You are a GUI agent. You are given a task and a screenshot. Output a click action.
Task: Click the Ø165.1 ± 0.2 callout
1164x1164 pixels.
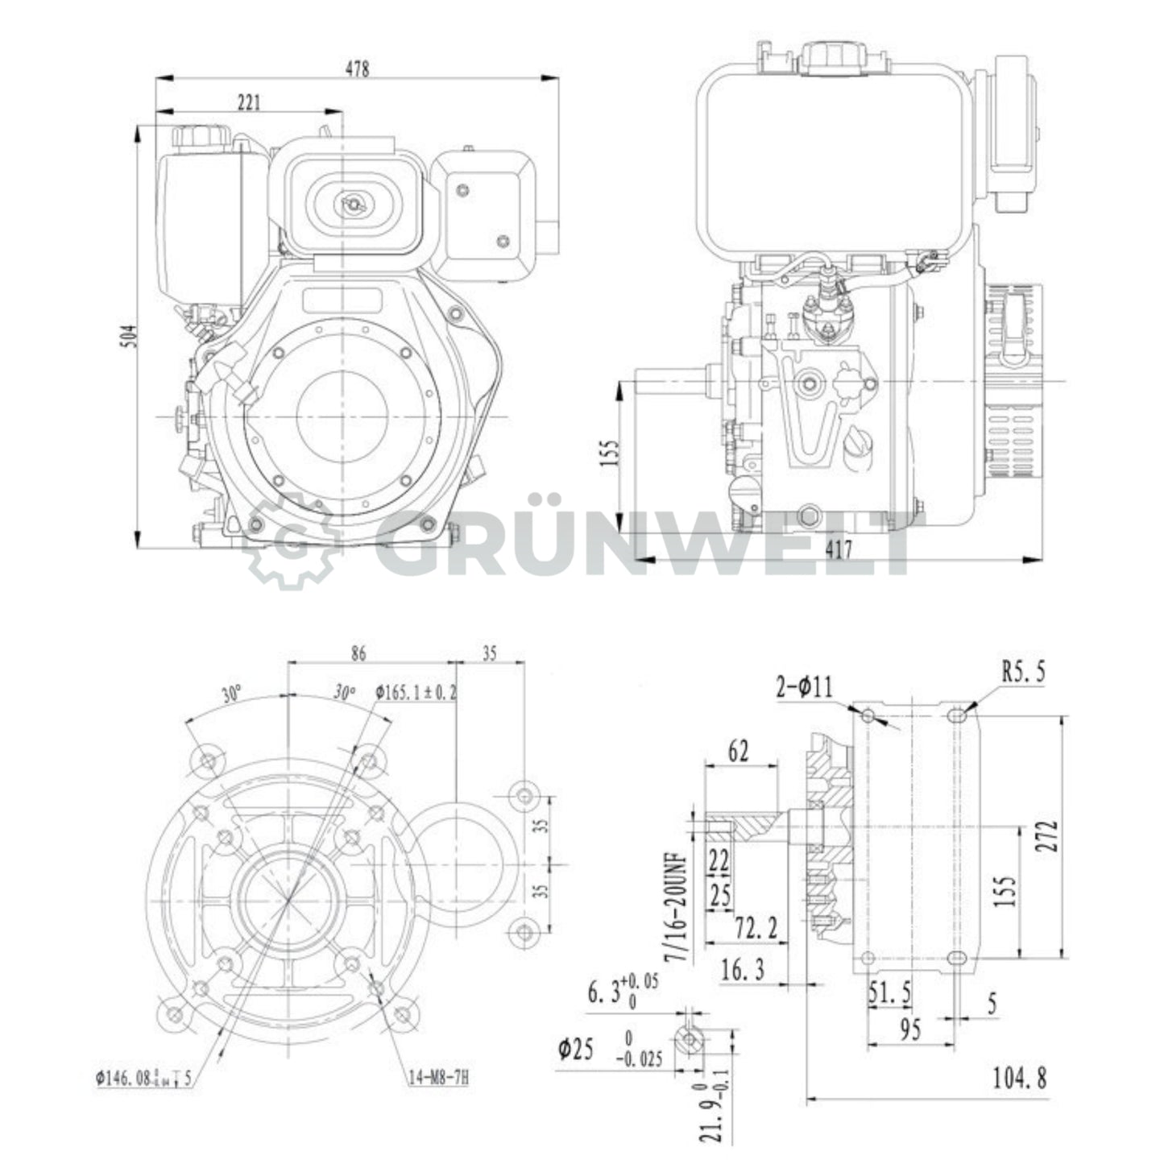(x=416, y=692)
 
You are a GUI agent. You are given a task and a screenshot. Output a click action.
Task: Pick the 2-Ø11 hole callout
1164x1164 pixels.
(x=804, y=687)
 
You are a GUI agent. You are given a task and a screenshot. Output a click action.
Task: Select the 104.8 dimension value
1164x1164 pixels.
(x=1019, y=1078)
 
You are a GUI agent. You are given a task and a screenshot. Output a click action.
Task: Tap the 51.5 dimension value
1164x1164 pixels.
(x=889, y=994)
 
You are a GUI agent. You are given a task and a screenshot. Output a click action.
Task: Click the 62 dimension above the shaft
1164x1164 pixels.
(x=738, y=751)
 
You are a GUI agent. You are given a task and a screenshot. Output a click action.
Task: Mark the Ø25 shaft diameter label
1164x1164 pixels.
(x=576, y=1049)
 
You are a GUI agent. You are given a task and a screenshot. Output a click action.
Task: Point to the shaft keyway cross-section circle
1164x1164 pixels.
(x=690, y=1041)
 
